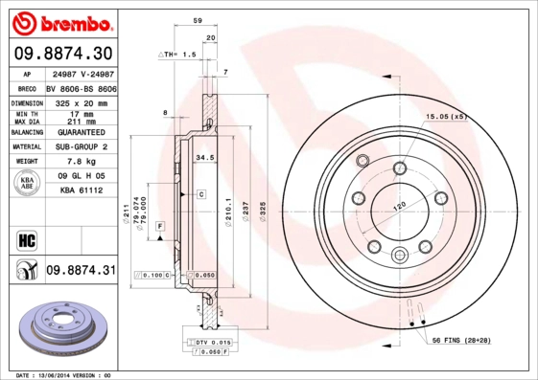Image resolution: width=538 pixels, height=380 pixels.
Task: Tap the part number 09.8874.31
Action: tap(80, 271)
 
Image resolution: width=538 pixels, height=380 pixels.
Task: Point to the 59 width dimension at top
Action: tap(198, 20)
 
